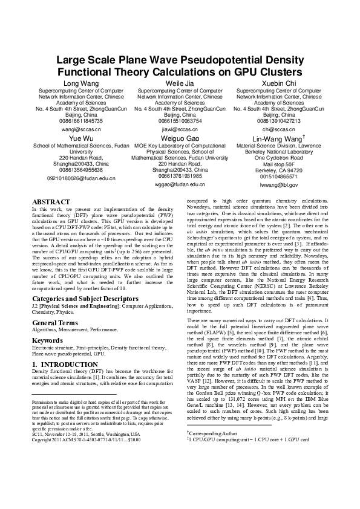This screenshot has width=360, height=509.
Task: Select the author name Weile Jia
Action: (x=180, y=83)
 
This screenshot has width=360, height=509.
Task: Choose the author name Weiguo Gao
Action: (x=180, y=138)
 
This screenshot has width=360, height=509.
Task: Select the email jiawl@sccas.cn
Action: (x=180, y=129)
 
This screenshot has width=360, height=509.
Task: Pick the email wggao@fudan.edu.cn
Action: (x=180, y=184)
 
